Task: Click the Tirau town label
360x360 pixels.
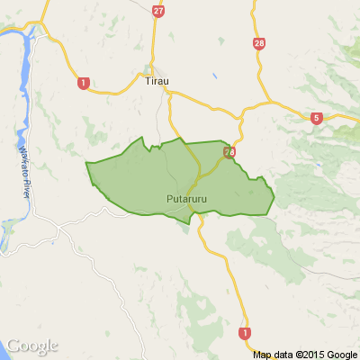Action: coord(157,81)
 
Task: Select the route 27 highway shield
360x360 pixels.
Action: coord(159,11)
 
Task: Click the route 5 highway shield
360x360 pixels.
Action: coord(317,117)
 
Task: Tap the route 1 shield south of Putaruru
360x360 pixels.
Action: coord(244,333)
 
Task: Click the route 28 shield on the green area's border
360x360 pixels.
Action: coord(229,153)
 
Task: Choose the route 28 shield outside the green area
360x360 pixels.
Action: coord(259,43)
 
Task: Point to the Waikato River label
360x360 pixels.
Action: coord(26,162)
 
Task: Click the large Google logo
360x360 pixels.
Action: coord(32,346)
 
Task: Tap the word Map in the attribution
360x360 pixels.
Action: coord(263,354)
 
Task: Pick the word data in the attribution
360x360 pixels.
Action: coord(283,354)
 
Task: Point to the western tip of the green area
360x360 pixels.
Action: coord(86,164)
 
